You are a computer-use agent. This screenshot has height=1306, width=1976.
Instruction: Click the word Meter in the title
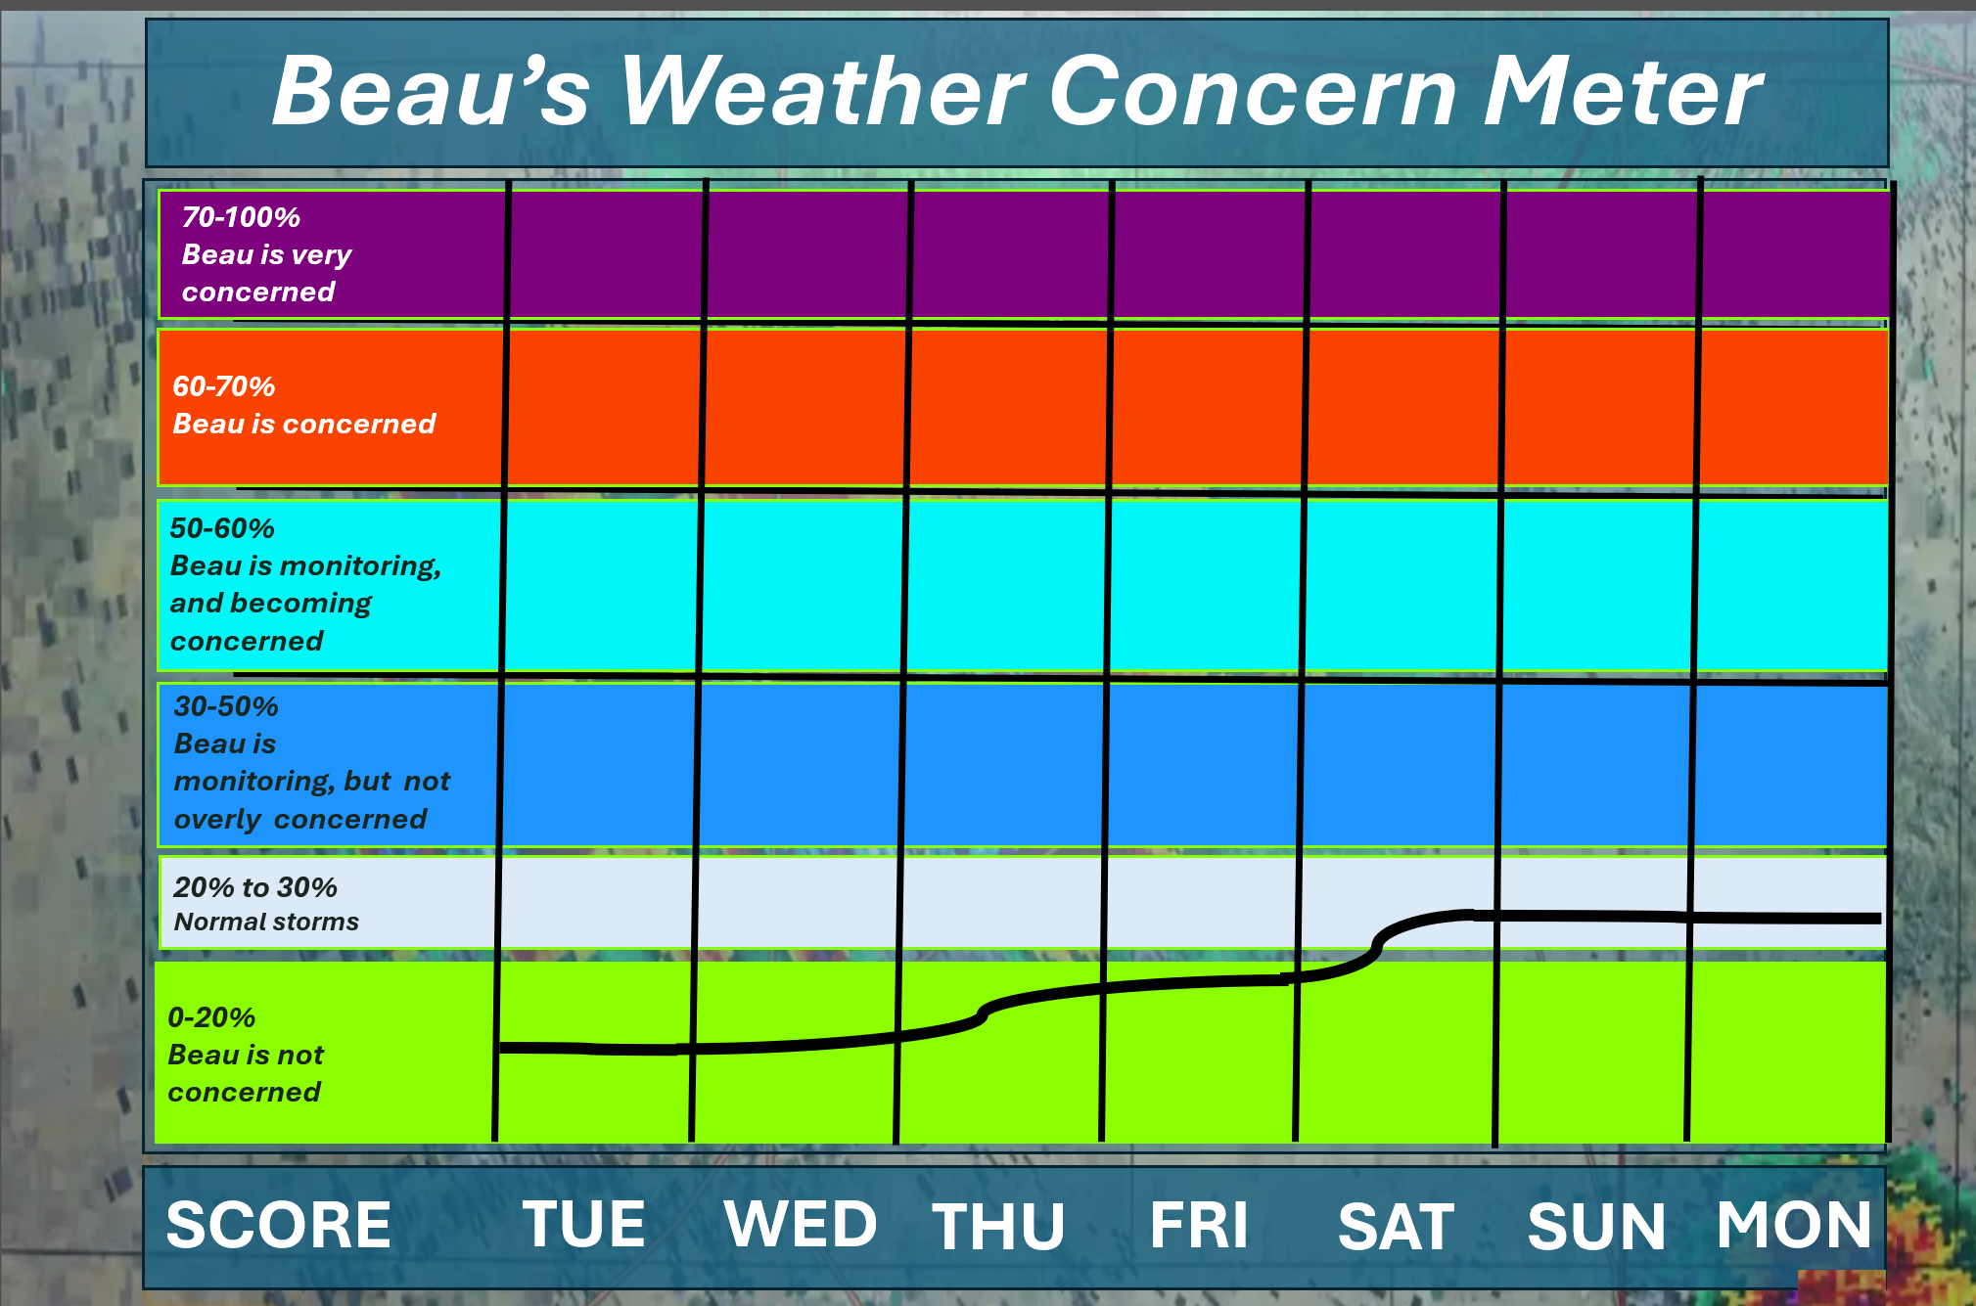[x=1623, y=91]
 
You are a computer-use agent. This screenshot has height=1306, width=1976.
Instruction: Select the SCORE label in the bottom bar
[x=279, y=1225]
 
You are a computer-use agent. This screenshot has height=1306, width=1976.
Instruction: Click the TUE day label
[x=584, y=1224]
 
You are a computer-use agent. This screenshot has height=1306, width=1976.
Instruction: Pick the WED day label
[x=801, y=1224]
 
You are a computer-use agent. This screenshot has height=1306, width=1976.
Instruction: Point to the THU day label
[x=998, y=1226]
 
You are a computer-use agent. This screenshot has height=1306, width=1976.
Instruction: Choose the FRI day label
[x=1199, y=1225]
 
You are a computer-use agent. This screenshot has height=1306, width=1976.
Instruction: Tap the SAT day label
[x=1397, y=1226]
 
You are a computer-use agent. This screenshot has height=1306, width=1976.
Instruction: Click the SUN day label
[x=1596, y=1226]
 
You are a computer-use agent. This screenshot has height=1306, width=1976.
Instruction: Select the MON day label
[x=1794, y=1224]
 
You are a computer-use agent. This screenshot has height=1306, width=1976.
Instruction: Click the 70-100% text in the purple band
[x=241, y=217]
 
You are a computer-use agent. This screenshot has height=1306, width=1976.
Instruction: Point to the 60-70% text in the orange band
[x=224, y=386]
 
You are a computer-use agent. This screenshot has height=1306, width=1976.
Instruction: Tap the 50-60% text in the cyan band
[x=222, y=528]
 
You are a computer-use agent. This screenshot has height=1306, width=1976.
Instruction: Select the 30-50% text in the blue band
[x=226, y=706]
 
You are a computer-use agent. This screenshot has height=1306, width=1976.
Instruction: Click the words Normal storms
[x=266, y=922]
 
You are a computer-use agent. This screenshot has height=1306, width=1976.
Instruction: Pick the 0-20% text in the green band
[x=211, y=1017]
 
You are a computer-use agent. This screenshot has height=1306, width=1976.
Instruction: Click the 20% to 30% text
[x=255, y=887]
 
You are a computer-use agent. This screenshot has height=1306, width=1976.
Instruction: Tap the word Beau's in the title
[x=432, y=91]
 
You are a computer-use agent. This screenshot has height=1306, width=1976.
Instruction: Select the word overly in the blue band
[x=217, y=820]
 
